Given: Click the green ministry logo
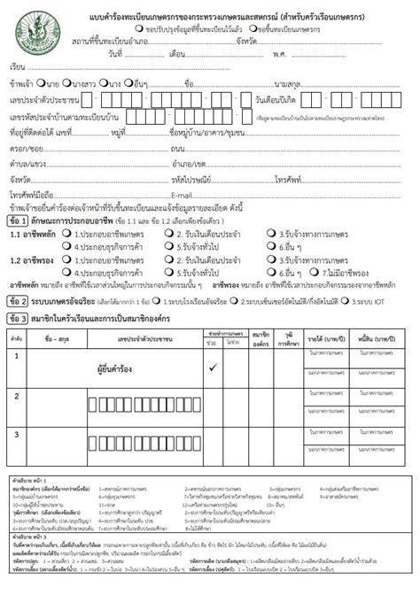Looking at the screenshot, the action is point(34,31).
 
